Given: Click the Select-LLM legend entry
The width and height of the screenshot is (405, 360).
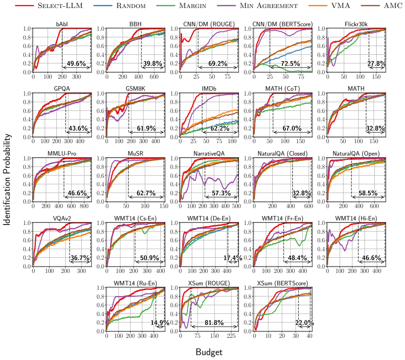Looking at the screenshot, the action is [x=49, y=5].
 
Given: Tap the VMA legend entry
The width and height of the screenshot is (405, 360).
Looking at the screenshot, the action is [x=330, y=5].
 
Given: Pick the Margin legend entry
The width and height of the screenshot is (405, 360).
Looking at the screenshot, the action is [x=181, y=5].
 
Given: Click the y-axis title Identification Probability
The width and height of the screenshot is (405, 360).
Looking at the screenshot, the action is [x=7, y=179].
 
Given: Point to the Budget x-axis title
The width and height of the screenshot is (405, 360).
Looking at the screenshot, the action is [x=209, y=352].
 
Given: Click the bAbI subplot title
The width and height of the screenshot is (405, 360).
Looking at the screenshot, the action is [x=62, y=24].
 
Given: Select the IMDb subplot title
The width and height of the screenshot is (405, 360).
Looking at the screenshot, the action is [x=209, y=88].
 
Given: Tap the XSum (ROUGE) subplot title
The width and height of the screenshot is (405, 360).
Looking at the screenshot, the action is [x=209, y=283].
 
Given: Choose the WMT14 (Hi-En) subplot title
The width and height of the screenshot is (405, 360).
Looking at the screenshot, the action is [x=356, y=218].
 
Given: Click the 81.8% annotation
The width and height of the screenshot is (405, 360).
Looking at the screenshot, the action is [x=214, y=323].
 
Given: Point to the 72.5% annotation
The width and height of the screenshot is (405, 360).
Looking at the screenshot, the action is [x=290, y=63].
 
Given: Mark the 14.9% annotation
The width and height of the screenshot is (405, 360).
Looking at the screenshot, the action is [x=160, y=323].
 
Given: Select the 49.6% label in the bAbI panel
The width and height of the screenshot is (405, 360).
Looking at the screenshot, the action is [x=76, y=63].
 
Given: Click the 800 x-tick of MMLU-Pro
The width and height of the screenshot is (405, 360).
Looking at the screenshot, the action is [x=84, y=206].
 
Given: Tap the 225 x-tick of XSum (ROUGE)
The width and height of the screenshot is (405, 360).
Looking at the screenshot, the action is [x=231, y=336].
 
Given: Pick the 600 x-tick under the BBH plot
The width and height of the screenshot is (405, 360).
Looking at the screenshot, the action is [x=154, y=76].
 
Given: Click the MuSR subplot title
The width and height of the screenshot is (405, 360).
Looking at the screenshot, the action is [x=135, y=153].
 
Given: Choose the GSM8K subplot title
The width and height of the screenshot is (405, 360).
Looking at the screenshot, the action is [x=135, y=88].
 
